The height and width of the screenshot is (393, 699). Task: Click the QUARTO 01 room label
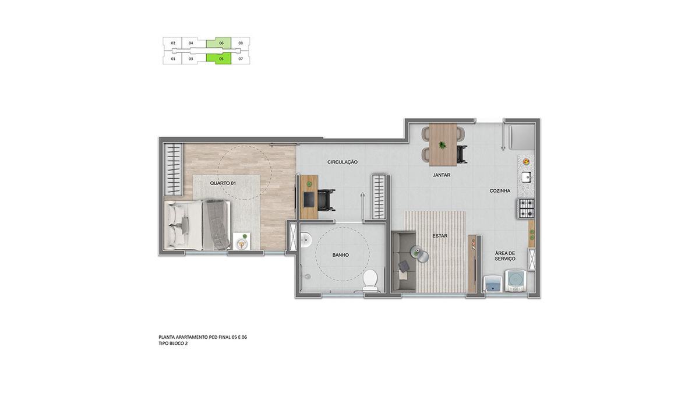click(x=223, y=183)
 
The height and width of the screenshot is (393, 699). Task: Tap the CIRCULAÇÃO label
click(x=343, y=162)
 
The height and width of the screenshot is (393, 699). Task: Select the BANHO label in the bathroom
click(x=340, y=255)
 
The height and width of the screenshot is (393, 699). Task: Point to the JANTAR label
click(x=442, y=175)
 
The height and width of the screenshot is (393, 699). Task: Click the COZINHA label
click(x=500, y=190)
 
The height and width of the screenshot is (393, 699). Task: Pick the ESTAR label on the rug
click(x=440, y=236)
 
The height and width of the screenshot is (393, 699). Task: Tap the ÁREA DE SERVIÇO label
click(x=505, y=256)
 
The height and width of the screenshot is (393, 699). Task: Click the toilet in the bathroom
click(x=370, y=281)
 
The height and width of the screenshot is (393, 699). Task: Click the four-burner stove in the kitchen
click(x=527, y=208)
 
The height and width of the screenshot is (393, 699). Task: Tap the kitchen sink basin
click(x=527, y=177)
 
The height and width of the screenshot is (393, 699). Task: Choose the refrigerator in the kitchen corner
click(x=522, y=137)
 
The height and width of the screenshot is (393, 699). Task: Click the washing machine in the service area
click(x=515, y=281)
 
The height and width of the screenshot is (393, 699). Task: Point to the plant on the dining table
click(x=442, y=145)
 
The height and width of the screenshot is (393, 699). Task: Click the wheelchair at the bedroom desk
click(x=326, y=200)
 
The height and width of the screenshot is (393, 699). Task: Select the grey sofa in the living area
click(x=404, y=261)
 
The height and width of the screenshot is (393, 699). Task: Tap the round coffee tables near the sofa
click(x=419, y=254)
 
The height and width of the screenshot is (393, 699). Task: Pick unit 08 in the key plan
click(x=241, y=43)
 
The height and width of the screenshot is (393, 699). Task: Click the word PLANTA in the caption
click(x=167, y=337)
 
